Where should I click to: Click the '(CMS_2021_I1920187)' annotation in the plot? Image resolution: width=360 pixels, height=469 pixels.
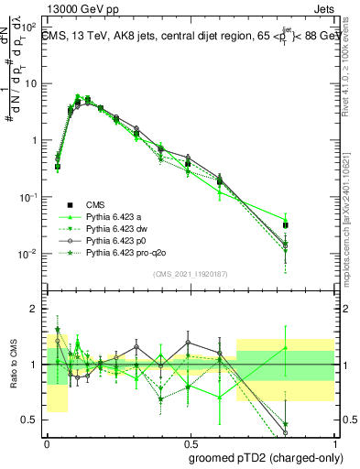190,273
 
